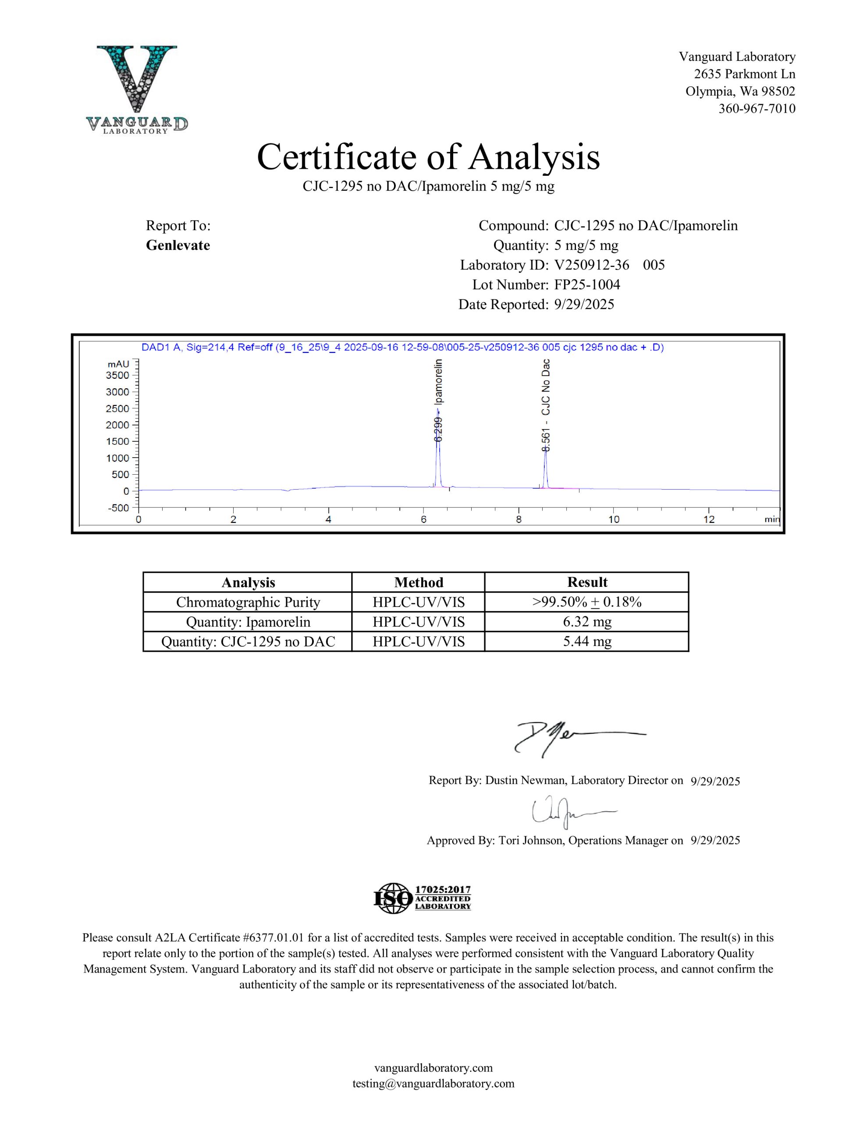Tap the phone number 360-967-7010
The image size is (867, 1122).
tap(757, 108)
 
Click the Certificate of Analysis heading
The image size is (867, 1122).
tap(428, 157)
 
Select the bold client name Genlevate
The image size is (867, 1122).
tap(178, 245)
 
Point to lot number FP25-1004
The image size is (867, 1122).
tap(587, 284)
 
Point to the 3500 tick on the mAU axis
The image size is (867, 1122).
tap(118, 375)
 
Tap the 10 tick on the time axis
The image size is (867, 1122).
tap(614, 519)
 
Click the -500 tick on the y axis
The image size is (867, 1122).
tap(118, 508)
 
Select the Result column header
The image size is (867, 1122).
tap(587, 582)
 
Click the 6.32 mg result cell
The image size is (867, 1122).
tap(587, 621)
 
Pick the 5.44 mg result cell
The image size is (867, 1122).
tap(587, 641)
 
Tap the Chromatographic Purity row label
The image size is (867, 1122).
tap(248, 602)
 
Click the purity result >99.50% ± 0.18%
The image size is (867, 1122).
tap(587, 602)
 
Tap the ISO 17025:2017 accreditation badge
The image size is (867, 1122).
tap(422, 898)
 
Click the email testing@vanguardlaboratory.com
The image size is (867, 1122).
tap(433, 1083)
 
